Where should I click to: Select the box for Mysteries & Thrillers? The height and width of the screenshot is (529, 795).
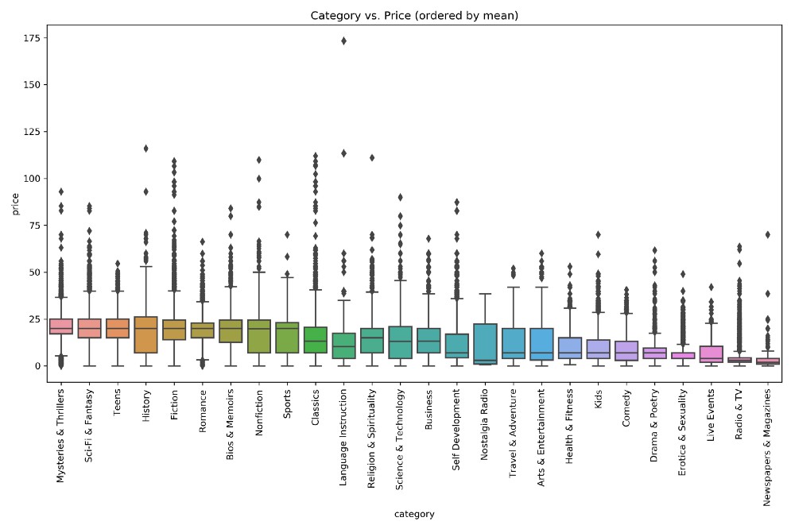(x=61, y=326)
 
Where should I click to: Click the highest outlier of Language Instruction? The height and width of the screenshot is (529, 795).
(x=343, y=41)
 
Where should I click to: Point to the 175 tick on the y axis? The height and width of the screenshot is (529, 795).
(x=32, y=37)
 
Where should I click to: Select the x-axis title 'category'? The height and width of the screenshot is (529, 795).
(x=414, y=514)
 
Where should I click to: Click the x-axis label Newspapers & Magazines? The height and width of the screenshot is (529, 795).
(x=768, y=442)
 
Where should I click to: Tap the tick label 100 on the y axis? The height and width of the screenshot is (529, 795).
(x=32, y=179)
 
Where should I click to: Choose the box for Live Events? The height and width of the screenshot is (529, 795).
(x=712, y=354)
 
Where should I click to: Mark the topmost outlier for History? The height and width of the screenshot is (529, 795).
(x=146, y=149)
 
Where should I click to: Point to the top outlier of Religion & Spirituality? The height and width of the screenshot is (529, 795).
(x=371, y=157)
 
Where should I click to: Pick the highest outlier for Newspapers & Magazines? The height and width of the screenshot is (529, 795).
(x=768, y=234)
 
